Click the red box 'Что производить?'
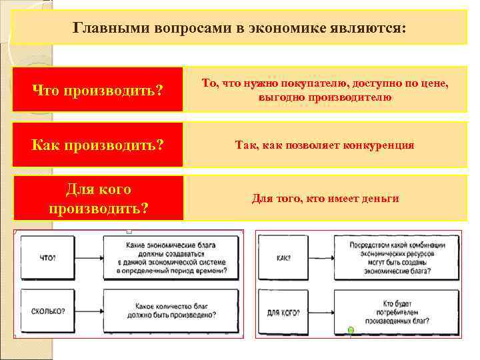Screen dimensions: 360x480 pos(97,89)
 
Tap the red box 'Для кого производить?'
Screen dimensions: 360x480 pos(97,199)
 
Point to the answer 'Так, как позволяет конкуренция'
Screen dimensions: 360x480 pos(325,145)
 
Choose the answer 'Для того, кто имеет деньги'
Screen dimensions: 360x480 pos(325,198)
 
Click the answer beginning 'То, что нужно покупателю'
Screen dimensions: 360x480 pos(325,89)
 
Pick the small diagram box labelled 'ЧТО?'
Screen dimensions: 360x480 pos(48,257)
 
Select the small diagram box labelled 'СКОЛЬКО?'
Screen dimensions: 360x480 pos(48,311)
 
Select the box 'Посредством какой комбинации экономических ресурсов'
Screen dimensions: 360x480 pos(396,257)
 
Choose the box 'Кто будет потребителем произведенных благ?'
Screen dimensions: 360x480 pos(396,311)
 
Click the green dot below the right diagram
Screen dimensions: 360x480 pos(351,330)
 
